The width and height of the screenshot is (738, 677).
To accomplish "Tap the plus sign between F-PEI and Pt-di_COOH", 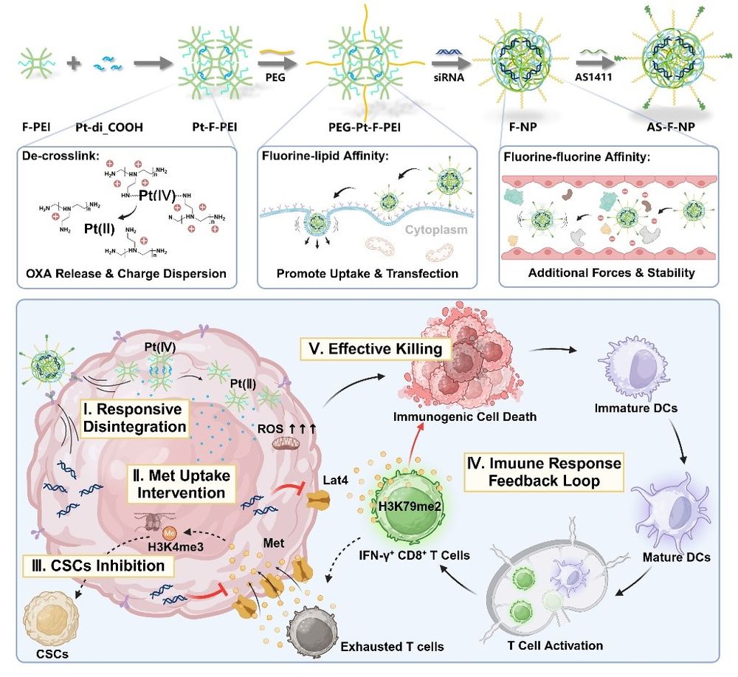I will point(73,64).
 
